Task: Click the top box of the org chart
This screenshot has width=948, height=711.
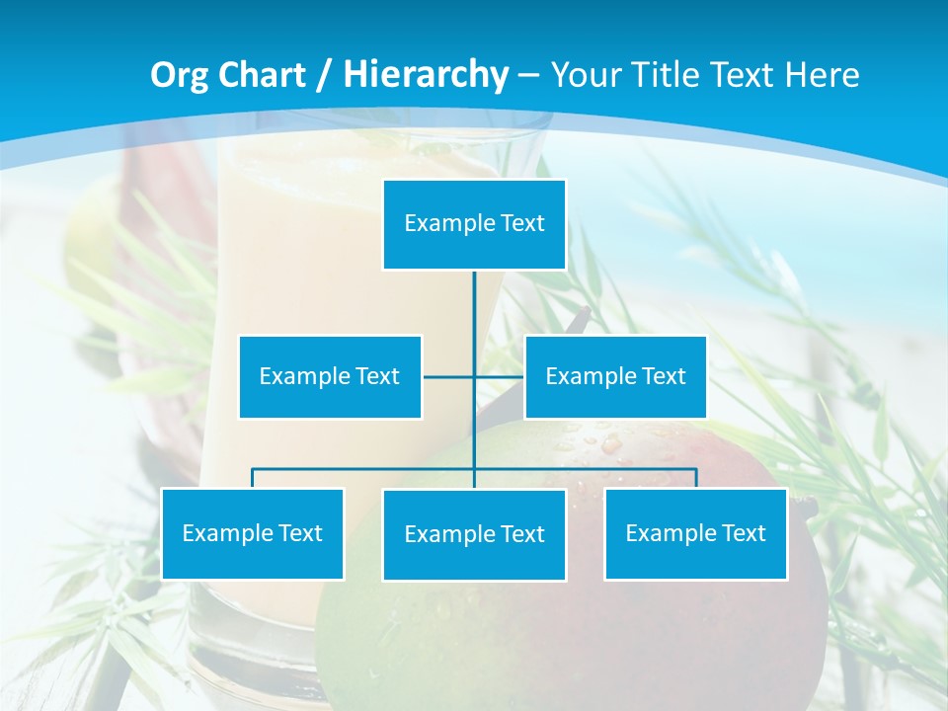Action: point(474,224)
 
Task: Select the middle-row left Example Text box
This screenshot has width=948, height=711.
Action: point(330,376)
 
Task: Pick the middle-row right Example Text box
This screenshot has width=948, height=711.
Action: point(615,376)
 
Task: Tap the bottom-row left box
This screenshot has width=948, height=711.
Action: point(253,533)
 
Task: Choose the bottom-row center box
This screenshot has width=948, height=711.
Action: point(474,534)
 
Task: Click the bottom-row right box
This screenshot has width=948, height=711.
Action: point(695,533)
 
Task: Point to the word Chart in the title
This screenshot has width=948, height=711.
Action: point(260,75)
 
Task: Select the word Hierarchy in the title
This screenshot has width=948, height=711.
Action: point(426,75)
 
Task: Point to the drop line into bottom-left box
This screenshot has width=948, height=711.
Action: point(253,478)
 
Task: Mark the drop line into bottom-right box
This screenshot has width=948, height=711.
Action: point(695,478)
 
